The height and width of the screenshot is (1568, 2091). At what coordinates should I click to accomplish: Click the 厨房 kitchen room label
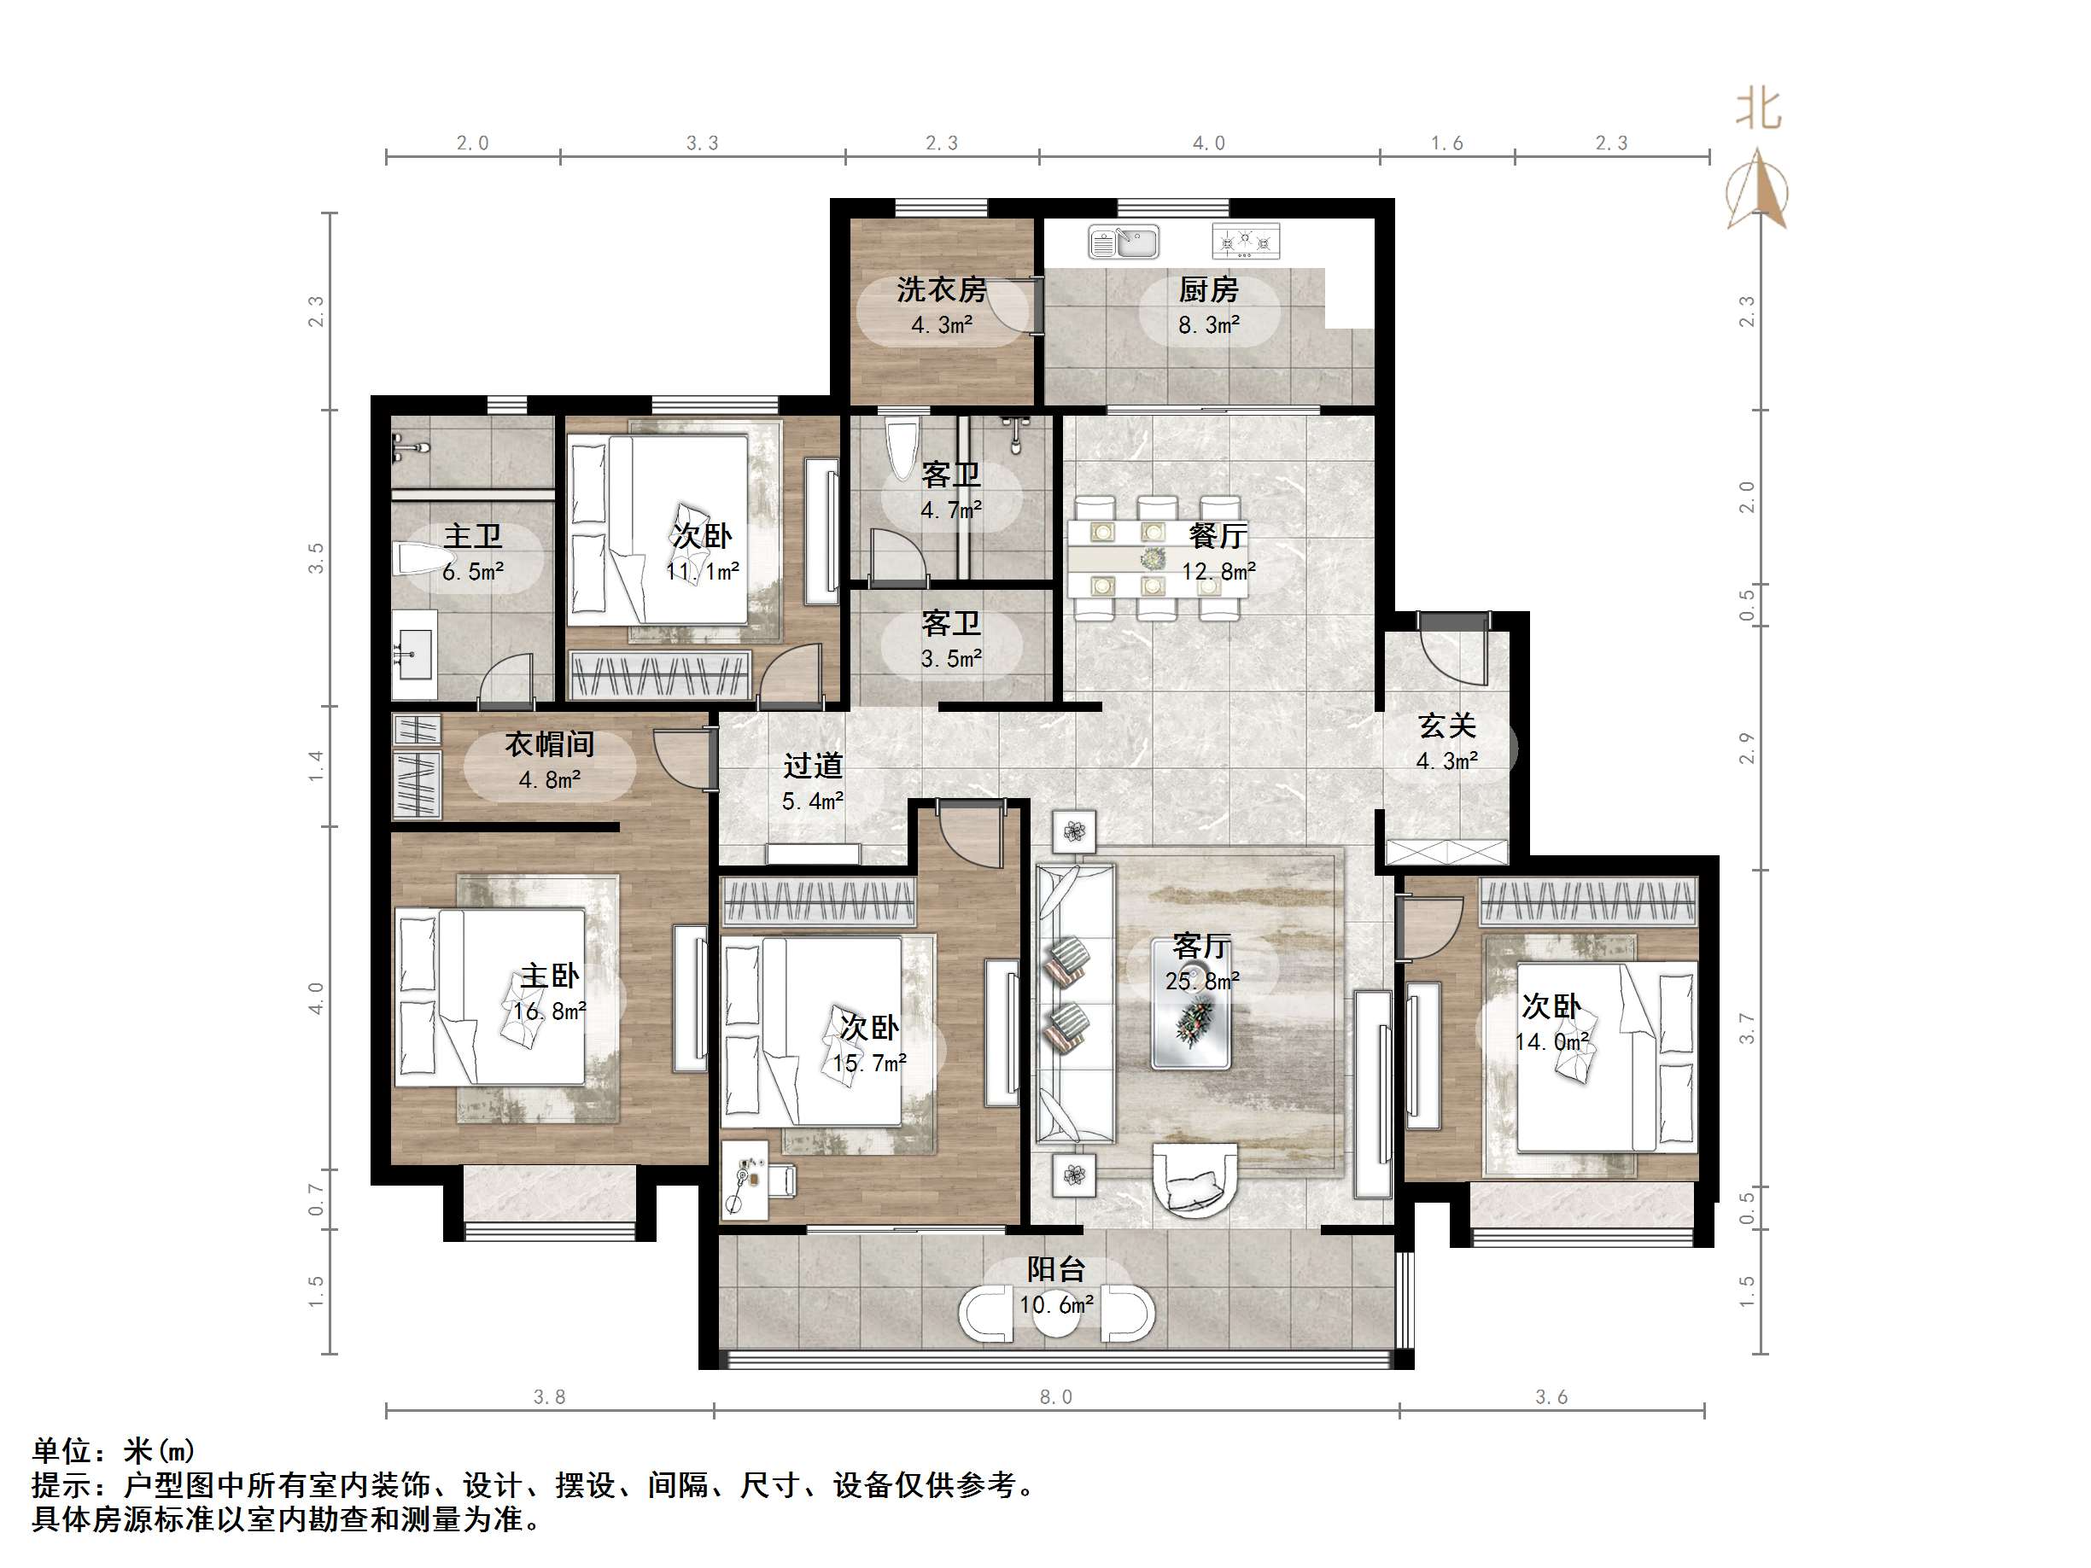click(1208, 289)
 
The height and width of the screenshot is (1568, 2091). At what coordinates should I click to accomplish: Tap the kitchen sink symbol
click(1123, 241)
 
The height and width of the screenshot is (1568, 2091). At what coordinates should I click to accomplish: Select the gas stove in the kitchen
click(1246, 241)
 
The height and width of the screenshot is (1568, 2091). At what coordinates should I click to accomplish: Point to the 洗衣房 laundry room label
click(941, 289)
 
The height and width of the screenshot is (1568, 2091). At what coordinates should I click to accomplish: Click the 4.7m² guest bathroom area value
click(951, 510)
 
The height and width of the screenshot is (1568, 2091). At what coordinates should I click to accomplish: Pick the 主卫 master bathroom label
click(473, 536)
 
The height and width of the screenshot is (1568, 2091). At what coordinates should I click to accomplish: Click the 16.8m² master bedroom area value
click(549, 1011)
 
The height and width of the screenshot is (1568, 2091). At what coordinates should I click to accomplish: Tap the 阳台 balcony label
click(1056, 1269)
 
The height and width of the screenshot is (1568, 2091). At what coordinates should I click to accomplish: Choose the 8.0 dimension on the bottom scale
click(1056, 1397)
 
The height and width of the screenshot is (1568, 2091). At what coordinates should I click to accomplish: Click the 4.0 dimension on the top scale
click(1208, 143)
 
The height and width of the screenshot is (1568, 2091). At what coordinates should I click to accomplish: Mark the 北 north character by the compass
click(1758, 109)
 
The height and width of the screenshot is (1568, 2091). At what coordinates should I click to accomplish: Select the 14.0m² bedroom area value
click(1551, 1041)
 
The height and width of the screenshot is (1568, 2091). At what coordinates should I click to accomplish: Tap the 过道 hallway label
click(812, 766)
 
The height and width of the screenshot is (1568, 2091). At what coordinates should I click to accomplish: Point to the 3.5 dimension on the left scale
click(316, 557)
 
